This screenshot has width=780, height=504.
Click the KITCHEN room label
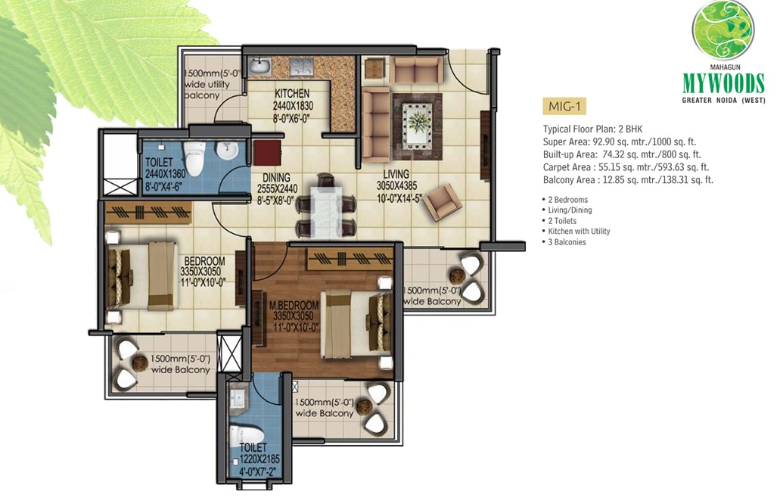(292, 94)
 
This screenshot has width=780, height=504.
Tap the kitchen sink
(259, 66)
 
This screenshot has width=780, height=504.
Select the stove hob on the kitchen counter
(302, 66)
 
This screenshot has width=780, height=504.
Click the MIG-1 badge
(564, 106)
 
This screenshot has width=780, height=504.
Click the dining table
(326, 210)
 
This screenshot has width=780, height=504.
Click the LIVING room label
(396, 174)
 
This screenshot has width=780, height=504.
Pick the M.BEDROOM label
(294, 305)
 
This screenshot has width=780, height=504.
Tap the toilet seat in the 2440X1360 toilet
(194, 157)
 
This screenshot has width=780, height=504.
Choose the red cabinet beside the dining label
(267, 152)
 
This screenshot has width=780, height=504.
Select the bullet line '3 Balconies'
(564, 242)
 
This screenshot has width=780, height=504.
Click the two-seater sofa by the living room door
(416, 69)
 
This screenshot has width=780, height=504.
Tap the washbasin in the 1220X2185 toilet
(238, 399)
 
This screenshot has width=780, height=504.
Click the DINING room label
(277, 178)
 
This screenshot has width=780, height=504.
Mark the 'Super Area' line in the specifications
(620, 142)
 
